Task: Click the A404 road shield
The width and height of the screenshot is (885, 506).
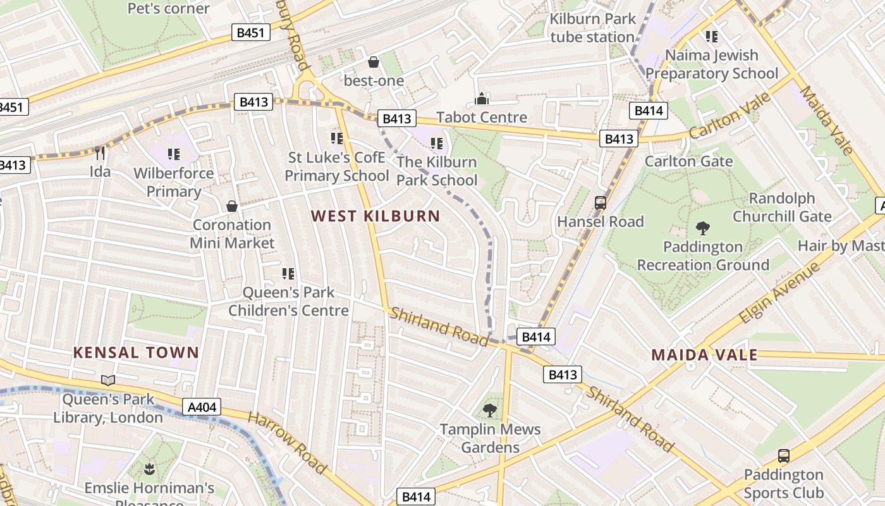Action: pos(202,407)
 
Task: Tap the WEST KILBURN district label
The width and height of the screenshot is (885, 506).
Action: pos(375,216)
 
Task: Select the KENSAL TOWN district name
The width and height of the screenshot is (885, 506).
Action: pos(136,352)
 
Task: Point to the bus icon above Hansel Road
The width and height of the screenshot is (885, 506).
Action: pos(601,203)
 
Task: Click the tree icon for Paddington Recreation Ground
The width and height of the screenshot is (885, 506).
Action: pos(702,228)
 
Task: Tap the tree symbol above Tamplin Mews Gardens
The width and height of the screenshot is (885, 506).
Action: pos(490,410)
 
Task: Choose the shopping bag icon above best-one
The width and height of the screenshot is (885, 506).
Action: pos(374,62)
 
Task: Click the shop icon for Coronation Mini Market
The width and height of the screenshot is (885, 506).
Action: pos(232,206)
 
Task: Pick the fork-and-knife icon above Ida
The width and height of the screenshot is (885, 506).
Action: pos(99,152)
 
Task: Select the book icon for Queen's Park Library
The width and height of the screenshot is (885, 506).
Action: pos(108,380)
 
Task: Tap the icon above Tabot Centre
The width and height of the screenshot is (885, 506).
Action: pos(482,99)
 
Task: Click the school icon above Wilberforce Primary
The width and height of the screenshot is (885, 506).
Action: pos(174,154)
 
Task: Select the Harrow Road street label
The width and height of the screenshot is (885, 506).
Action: pos(287,443)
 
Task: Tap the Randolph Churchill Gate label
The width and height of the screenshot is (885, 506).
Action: pos(781,207)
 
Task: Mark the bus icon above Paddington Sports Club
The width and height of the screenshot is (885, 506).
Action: pos(784,456)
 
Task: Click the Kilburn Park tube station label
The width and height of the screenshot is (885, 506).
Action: pos(592,28)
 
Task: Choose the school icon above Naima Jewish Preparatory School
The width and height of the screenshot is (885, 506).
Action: pos(712,37)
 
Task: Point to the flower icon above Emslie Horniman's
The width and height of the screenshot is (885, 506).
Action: pos(149,469)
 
